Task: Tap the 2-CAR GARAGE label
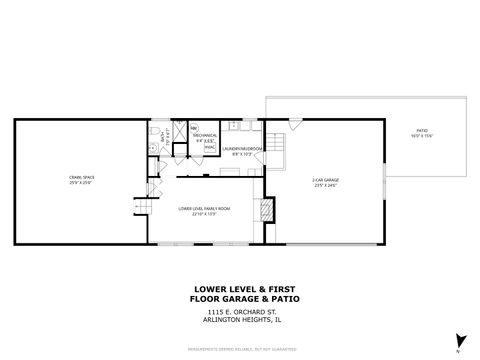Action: (324, 180)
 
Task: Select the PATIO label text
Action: (421, 132)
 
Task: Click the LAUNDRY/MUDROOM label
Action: (247, 149)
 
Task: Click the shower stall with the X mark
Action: (178, 130)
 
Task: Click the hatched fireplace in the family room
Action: (266, 209)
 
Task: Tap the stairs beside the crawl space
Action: (142, 208)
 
